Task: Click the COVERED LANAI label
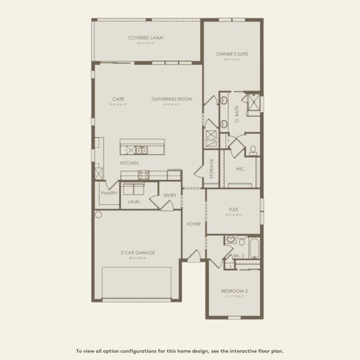(x=146, y=38)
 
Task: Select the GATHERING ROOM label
(x=172, y=99)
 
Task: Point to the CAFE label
(x=118, y=99)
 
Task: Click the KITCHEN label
(x=129, y=163)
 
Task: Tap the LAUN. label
(x=134, y=202)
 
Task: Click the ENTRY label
(x=170, y=196)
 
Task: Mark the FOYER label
(x=194, y=224)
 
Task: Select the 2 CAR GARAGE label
(x=137, y=253)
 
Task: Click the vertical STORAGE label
(x=211, y=168)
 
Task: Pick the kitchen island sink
(x=139, y=150)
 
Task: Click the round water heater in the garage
(x=98, y=214)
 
